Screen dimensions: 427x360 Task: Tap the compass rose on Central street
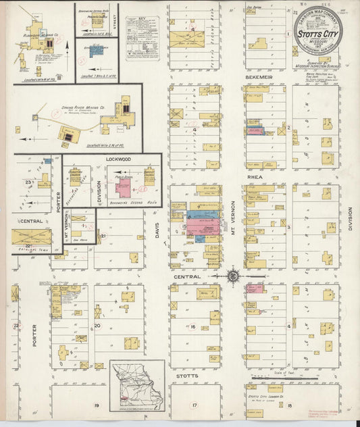(x=233, y=276)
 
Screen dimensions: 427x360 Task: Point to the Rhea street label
(x=255, y=178)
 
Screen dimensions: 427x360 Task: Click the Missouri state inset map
(x=136, y=383)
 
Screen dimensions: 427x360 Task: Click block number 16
(x=192, y=326)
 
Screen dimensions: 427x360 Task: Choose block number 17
(x=194, y=405)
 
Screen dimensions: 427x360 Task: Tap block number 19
(x=97, y=405)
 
